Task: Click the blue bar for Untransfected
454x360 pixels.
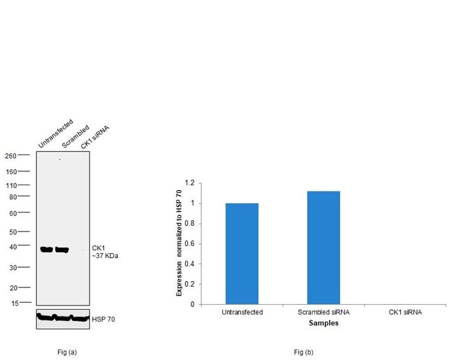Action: (x=242, y=254)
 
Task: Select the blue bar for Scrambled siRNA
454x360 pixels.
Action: (x=323, y=247)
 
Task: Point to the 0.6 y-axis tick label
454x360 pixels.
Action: (x=191, y=244)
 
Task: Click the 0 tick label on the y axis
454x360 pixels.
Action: (x=193, y=305)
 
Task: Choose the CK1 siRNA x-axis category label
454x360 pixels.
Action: (x=405, y=312)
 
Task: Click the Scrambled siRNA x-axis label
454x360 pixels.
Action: (x=323, y=312)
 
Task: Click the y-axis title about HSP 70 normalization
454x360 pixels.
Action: (x=179, y=244)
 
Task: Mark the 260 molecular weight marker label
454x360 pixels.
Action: (x=12, y=155)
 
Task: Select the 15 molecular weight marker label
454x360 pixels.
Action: (x=13, y=303)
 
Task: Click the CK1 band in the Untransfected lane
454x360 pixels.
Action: (x=47, y=250)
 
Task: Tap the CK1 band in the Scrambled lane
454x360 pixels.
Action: (x=62, y=250)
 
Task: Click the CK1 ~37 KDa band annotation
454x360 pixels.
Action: (x=105, y=252)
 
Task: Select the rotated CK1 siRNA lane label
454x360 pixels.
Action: (x=95, y=137)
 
